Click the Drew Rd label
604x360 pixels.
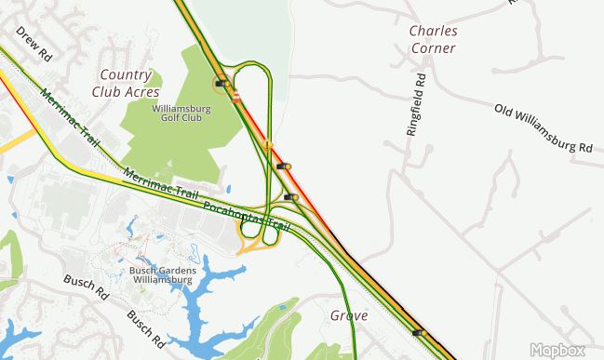pos(34,43)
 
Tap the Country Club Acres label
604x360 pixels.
pos(125,83)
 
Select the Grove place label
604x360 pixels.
pos(349,315)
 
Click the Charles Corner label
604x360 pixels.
pos(433,38)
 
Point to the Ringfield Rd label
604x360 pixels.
pos(415,105)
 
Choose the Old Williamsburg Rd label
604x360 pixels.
pos(544,129)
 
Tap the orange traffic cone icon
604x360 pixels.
pos(238,96)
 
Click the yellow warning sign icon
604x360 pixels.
pos(266,145)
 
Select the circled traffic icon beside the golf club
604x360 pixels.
pos(221,83)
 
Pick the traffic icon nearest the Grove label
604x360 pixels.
pos(417,332)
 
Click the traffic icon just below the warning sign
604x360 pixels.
pos(283,167)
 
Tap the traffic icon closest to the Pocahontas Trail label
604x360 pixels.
pos(291,197)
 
